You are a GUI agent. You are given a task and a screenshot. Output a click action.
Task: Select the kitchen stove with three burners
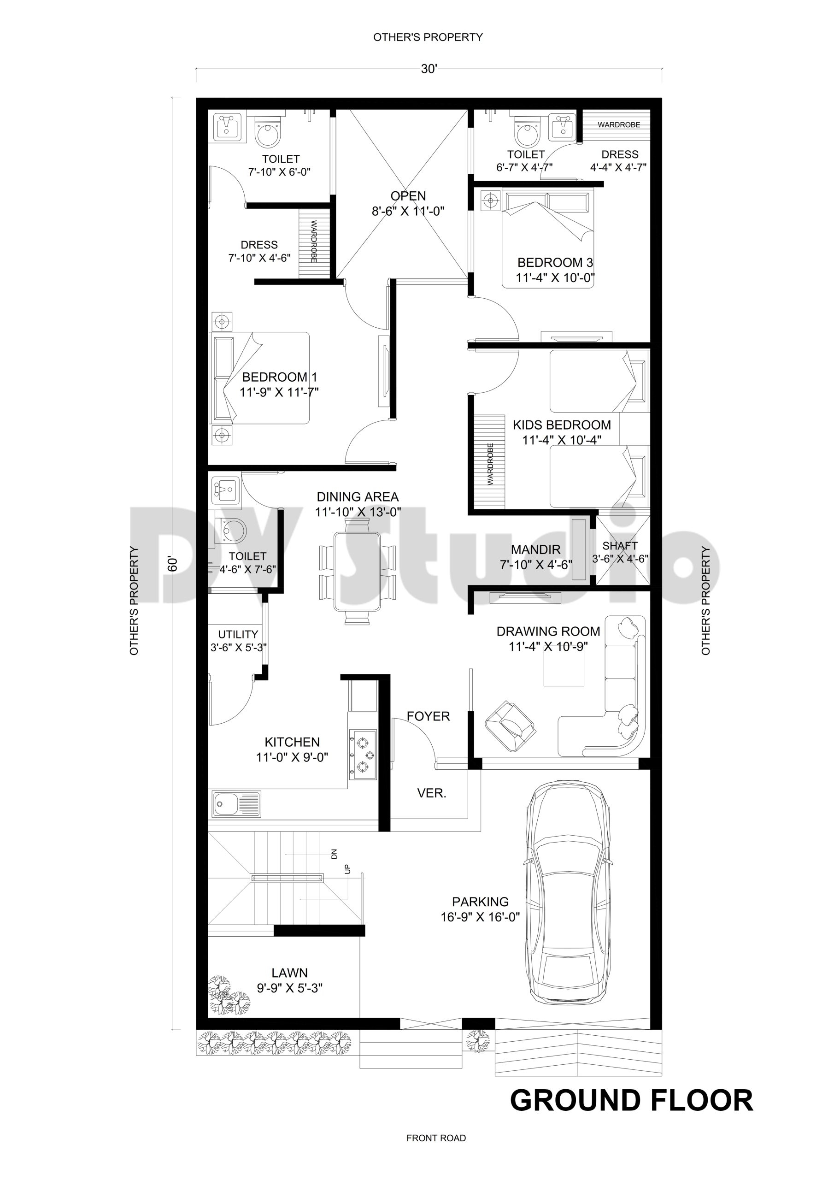pos(362,755)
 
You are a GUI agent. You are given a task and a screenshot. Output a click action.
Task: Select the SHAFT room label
pos(620,546)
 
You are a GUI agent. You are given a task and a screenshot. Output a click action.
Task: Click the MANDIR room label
pos(535,550)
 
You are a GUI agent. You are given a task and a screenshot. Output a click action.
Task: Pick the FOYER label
pos(428,716)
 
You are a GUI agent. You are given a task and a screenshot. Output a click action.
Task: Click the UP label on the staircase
pos(347,869)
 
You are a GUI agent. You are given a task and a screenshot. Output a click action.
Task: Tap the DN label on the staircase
pos(334,855)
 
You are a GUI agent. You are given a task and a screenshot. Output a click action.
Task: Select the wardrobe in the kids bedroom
pos(489,462)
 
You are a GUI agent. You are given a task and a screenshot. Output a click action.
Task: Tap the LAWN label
pos(290,973)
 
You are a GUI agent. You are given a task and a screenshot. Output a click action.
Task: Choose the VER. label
pos(432,793)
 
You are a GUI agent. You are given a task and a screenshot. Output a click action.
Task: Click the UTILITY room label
pos(238,634)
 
